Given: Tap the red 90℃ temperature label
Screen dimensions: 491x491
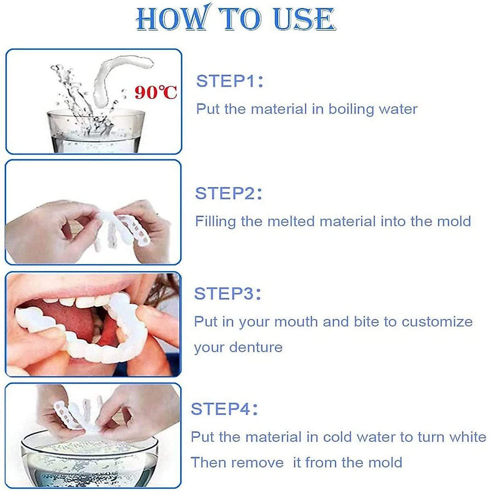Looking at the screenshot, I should point(156,92).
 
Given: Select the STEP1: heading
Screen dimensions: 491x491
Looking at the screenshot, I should point(230,81).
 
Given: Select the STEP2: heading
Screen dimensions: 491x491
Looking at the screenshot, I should point(228,193).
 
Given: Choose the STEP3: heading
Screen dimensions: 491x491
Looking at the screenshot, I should point(227,294).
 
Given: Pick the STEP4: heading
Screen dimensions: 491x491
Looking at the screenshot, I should point(224,409).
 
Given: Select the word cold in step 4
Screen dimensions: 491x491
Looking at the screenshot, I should point(338,437).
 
